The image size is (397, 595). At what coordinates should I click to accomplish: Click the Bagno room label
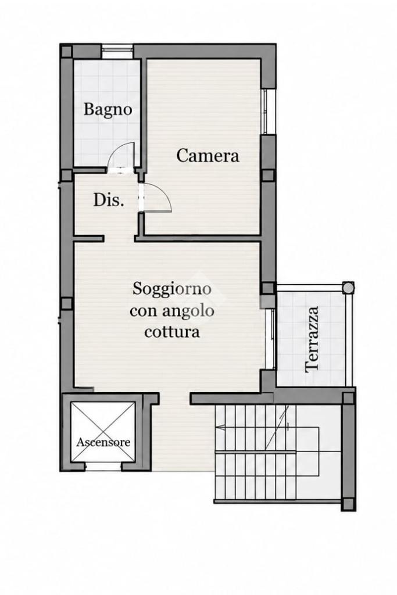[x=108, y=110]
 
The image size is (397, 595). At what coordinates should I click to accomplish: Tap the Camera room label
[x=208, y=156]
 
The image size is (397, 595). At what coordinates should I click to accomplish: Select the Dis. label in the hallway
[x=109, y=200]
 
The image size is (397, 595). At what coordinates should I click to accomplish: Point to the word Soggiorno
[x=171, y=289]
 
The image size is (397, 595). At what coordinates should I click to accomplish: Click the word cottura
[x=172, y=332]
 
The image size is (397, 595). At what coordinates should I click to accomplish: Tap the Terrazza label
[x=312, y=339]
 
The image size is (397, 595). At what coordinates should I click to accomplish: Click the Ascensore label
[x=103, y=442]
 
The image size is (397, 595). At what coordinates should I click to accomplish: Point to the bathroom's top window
[x=117, y=51]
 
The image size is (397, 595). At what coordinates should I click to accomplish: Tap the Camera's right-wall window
[x=269, y=112]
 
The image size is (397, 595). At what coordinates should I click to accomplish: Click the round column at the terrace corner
[x=348, y=287]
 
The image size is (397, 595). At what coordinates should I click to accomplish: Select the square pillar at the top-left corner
[x=66, y=51]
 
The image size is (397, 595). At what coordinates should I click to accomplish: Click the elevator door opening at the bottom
[x=103, y=467]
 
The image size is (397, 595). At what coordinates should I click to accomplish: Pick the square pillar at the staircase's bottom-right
[x=348, y=504]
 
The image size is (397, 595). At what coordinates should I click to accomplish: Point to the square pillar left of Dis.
[x=66, y=175]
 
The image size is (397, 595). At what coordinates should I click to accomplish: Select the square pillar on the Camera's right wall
[x=268, y=175]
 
